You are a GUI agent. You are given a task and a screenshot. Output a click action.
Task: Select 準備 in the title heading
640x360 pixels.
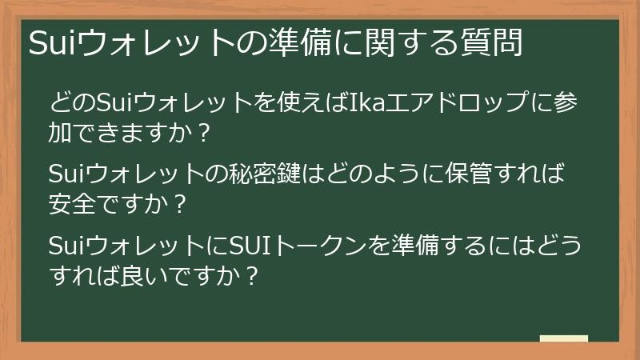(300, 42)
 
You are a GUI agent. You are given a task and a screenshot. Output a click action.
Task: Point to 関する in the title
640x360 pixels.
(399, 42)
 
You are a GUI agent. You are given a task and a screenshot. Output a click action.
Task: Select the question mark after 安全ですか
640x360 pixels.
(180, 204)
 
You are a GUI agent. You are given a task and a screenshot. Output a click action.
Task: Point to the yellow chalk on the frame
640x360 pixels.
(564, 339)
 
